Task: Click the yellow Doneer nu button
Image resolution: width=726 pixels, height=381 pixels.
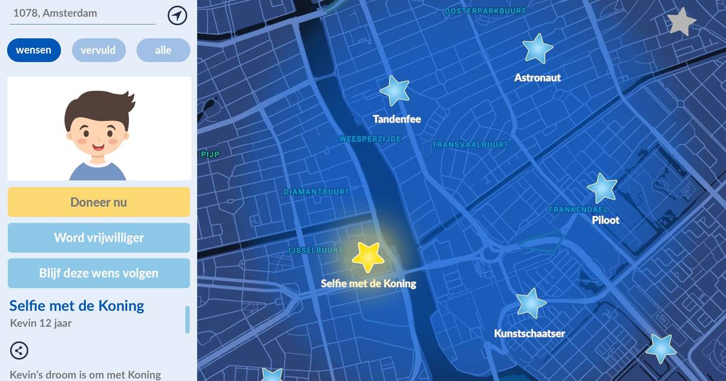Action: click(99, 202)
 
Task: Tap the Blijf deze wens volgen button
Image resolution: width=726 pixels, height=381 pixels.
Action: click(99, 273)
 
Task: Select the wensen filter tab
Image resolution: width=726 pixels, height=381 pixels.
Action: click(34, 50)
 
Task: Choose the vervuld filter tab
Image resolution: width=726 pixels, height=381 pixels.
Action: click(99, 50)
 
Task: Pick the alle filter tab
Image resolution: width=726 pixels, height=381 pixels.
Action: click(163, 50)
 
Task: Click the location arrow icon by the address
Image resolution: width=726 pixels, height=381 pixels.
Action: click(177, 16)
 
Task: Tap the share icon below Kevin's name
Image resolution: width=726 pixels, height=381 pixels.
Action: click(19, 350)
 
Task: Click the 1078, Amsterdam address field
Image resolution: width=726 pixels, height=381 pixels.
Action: click(82, 13)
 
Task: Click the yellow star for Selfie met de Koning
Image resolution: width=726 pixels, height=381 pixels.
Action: click(368, 258)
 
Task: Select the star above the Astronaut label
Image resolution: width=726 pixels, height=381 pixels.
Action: click(537, 48)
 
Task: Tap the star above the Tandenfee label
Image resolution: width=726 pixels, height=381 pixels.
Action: click(394, 91)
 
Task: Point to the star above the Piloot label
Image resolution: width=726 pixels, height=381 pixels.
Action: click(603, 188)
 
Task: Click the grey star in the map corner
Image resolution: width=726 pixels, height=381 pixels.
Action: click(682, 22)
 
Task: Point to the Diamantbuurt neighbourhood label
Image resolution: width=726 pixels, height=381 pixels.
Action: click(316, 192)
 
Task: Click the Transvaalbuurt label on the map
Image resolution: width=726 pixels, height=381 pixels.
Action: click(470, 145)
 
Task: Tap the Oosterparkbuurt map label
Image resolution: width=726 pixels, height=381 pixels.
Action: click(485, 11)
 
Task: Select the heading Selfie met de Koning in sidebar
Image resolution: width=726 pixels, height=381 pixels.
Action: click(77, 305)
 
